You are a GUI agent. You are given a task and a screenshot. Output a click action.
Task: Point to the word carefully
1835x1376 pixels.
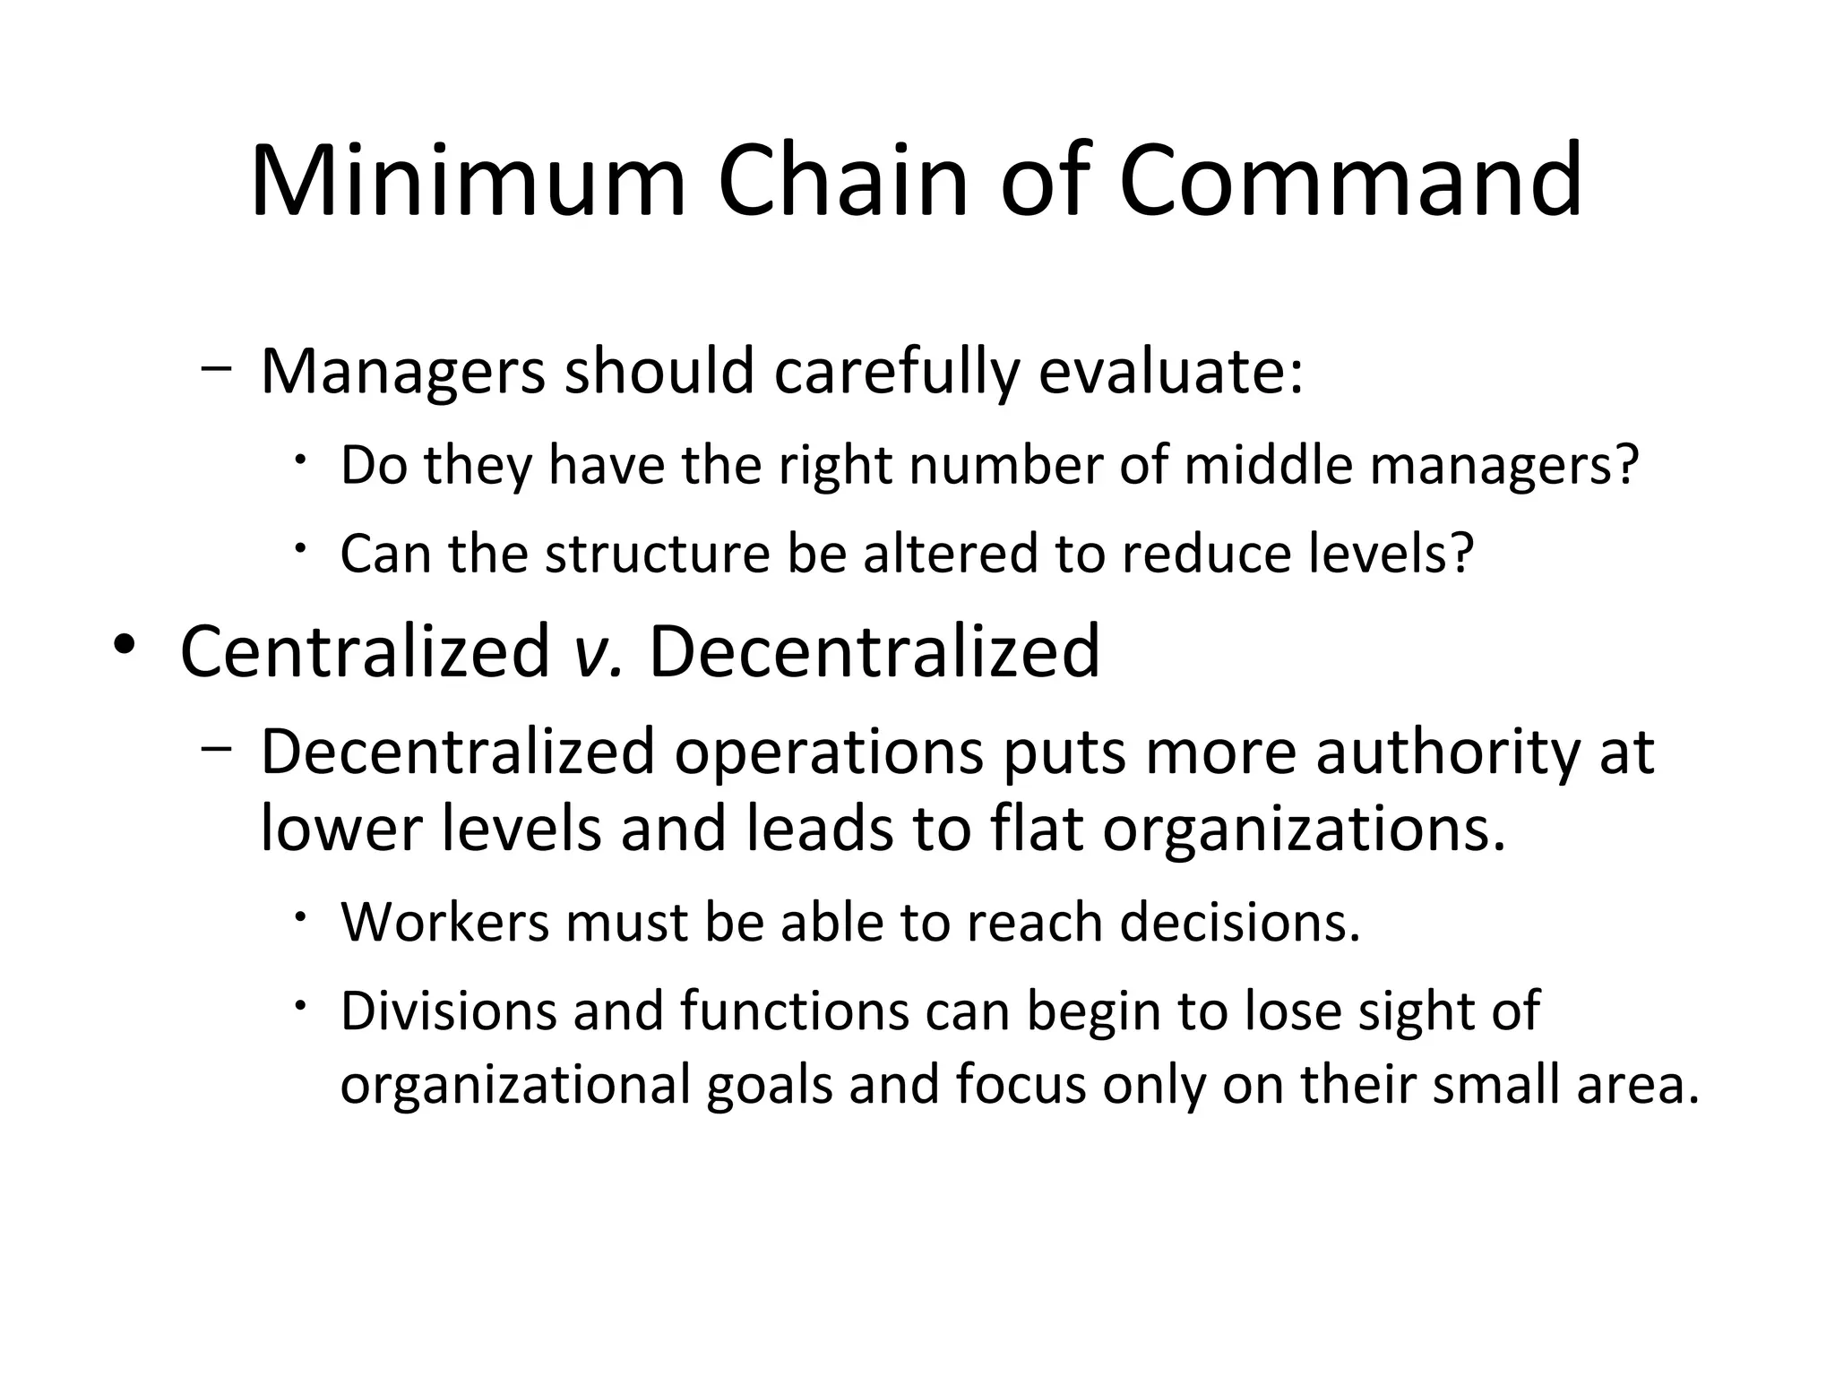pos(896,371)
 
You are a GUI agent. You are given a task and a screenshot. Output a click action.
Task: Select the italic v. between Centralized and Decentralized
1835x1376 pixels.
pos(597,652)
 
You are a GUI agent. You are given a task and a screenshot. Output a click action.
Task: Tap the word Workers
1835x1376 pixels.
pos(444,923)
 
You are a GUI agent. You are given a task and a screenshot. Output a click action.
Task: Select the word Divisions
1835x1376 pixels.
pos(448,1011)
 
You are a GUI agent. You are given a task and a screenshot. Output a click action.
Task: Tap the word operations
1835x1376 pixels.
pos(829,752)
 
